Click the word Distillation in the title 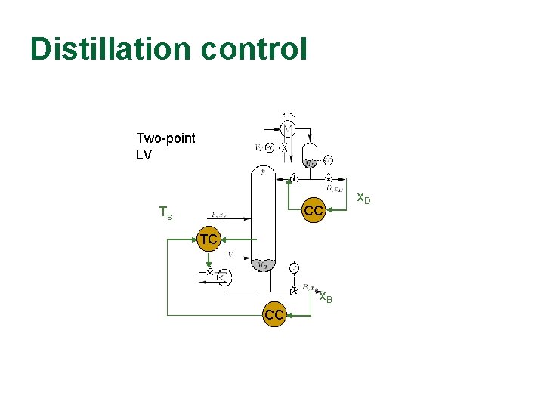[x=111, y=50]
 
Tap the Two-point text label [x=165, y=138]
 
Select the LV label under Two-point [x=144, y=155]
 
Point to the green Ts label [x=165, y=214]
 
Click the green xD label [x=363, y=199]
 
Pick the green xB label [x=326, y=297]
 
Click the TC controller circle [x=209, y=240]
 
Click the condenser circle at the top [x=287, y=126]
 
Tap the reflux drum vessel [x=311, y=160]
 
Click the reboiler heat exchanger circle [x=224, y=278]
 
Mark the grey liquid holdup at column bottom [x=263, y=264]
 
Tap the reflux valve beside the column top [x=293, y=179]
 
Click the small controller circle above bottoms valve [x=294, y=267]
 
